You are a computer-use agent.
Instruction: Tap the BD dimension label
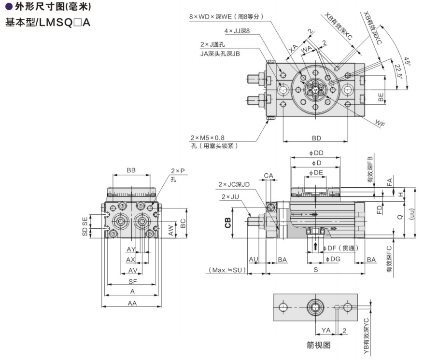click(316, 138)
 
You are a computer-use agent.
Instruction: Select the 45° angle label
click(407, 62)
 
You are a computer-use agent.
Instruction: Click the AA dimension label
click(131, 303)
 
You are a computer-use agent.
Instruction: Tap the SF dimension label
click(131, 282)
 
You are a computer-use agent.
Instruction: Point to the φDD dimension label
click(316, 153)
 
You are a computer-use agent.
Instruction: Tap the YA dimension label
click(326, 330)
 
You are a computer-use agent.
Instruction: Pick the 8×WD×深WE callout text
click(226, 16)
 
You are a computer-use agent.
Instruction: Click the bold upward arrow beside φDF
click(316, 247)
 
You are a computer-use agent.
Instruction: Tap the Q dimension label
click(399, 218)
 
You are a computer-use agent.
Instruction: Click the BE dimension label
click(381, 97)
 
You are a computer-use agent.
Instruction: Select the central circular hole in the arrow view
click(316, 306)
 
